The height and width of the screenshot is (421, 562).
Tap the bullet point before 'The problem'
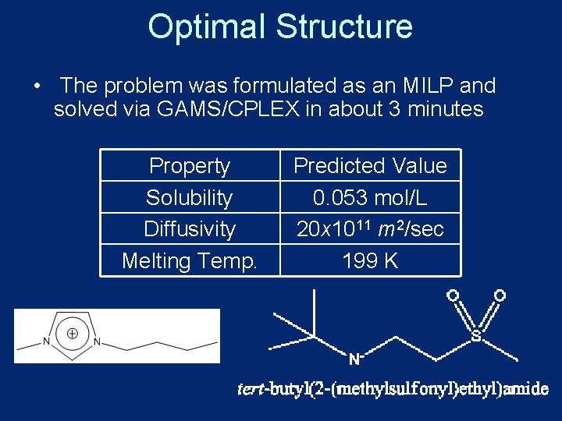37,86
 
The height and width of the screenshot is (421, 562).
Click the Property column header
190,166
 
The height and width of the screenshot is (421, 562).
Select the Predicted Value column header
370,166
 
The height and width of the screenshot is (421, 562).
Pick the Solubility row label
190,197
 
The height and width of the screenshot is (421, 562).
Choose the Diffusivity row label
190,229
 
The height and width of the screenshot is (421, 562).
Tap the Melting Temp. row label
190,260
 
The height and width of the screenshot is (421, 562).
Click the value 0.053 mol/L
370,197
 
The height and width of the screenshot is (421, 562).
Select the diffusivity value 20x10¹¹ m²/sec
370,229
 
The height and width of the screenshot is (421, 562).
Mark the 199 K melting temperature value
370,260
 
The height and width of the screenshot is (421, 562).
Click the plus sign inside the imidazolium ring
72,333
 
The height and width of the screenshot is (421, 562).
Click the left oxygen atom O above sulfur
452,295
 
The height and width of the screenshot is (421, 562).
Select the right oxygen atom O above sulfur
500,295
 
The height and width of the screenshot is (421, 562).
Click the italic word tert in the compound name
251,389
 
